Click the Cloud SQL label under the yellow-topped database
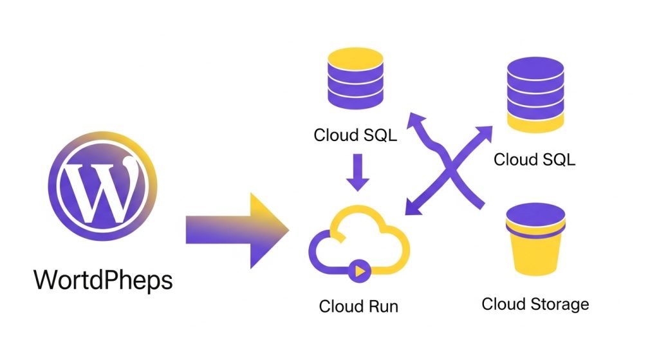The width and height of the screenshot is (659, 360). pyautogui.click(x=355, y=135)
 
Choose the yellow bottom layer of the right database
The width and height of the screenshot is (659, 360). pyautogui.click(x=535, y=120)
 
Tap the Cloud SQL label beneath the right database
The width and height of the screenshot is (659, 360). pyautogui.click(x=534, y=159)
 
